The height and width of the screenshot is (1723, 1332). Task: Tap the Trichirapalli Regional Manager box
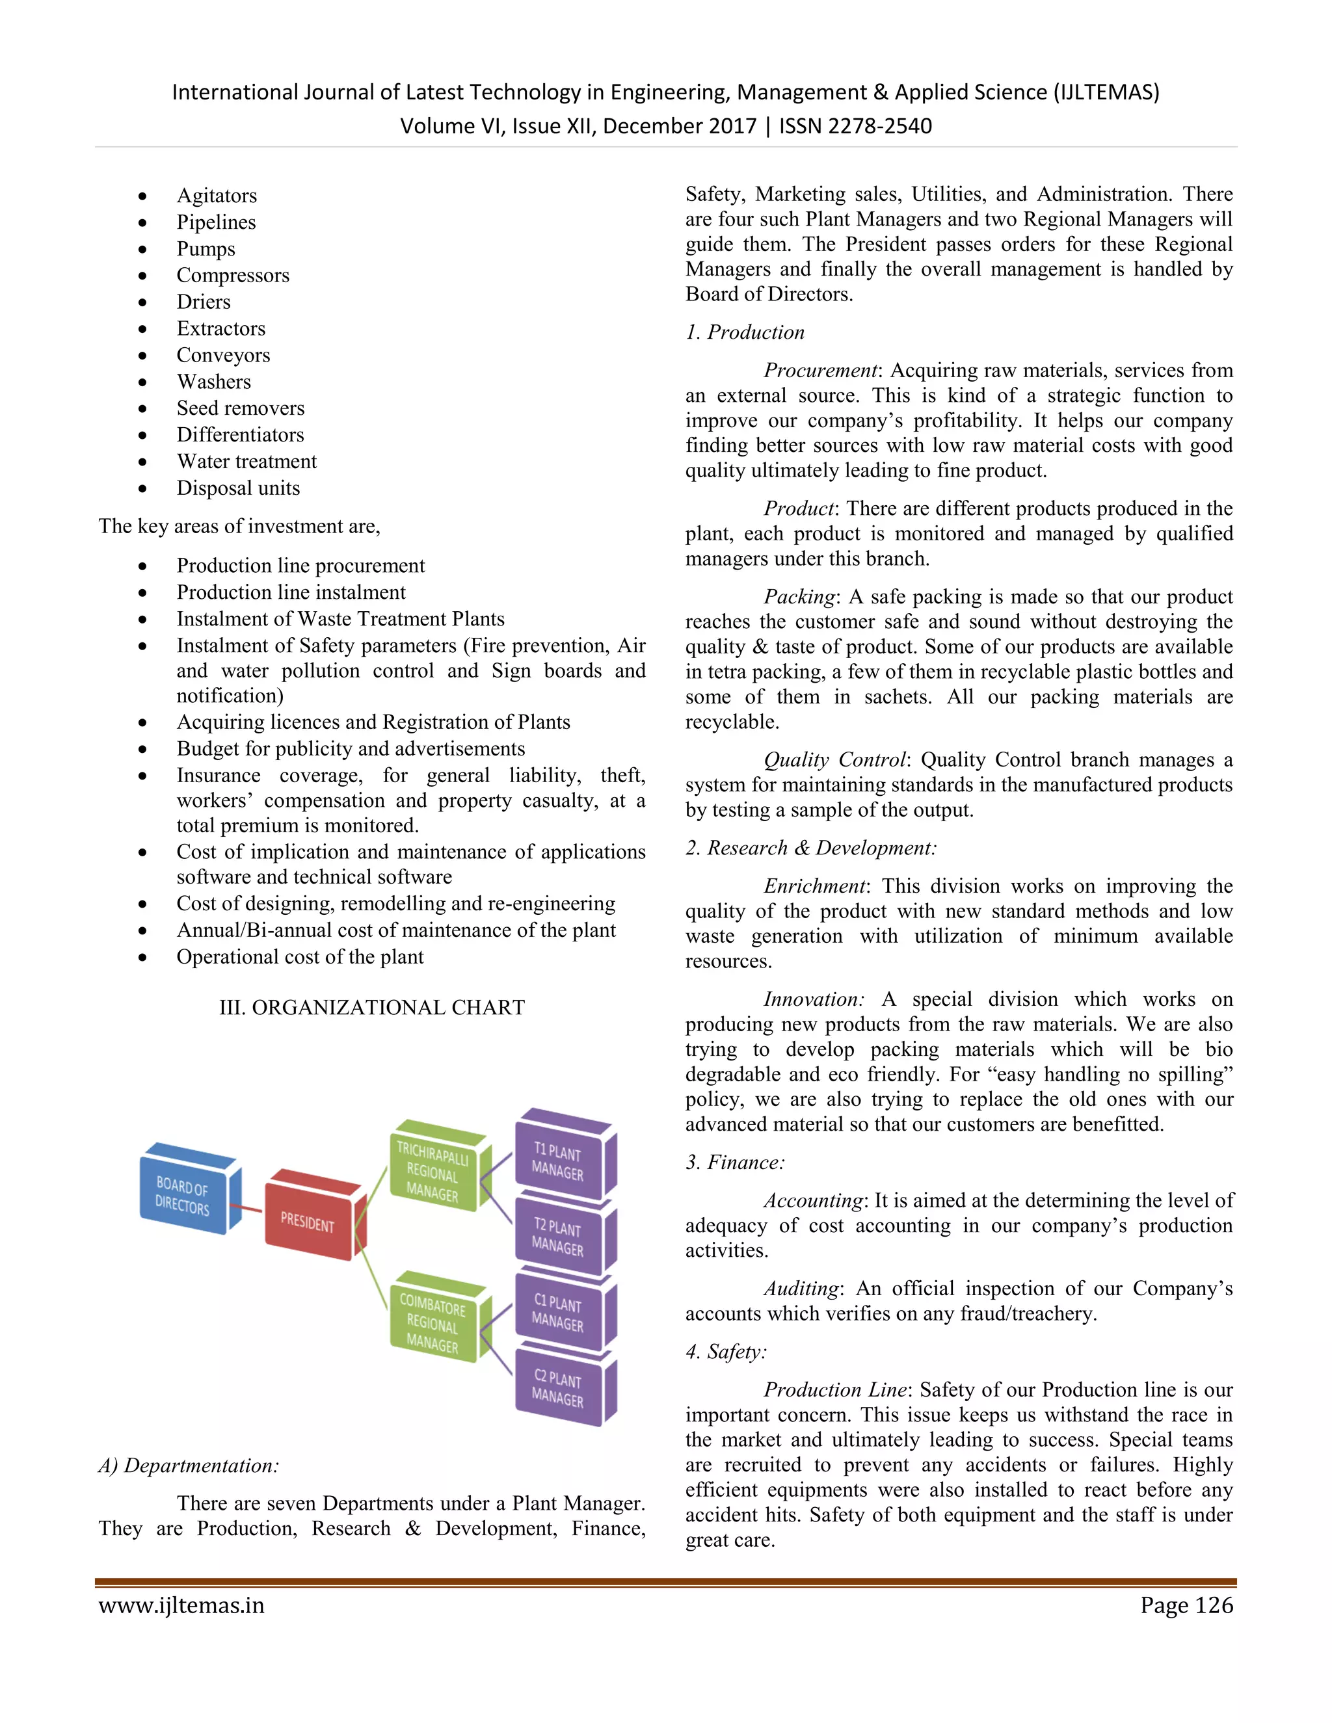coord(433,1172)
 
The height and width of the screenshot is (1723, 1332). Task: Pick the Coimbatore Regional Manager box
coord(433,1323)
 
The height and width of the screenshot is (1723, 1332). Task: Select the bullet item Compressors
coord(233,275)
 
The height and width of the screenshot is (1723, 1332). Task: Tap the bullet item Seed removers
coord(240,408)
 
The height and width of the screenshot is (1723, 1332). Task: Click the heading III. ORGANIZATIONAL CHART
coord(371,1007)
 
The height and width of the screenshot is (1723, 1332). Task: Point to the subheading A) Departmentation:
coord(189,1465)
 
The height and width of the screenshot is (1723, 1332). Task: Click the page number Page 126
coord(1186,1605)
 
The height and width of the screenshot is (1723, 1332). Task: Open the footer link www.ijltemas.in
coord(181,1605)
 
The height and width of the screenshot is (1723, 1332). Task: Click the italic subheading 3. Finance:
coord(735,1162)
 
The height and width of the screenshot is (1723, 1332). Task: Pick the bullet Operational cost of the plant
coord(300,957)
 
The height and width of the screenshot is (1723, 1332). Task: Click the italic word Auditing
coord(800,1288)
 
